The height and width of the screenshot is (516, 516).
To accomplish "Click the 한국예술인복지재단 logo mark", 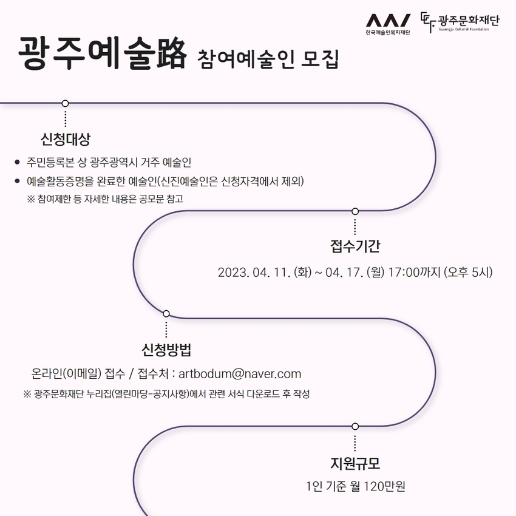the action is pos(388,21).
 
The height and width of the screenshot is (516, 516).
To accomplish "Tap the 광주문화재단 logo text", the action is pos(469,21).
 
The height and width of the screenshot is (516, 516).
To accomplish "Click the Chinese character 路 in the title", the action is pos(171,53).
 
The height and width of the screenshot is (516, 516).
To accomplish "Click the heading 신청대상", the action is pos(65,139).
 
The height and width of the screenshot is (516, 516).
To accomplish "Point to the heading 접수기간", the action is pos(355,246).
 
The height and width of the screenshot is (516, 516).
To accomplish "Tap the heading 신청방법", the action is pos(166,350).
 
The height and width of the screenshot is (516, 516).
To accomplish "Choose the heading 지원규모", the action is pos(355,463).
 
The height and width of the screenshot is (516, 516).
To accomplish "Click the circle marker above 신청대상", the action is pos(65,103).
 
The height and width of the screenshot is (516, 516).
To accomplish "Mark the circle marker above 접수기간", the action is pos(355,211).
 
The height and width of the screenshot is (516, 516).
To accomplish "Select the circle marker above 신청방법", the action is pos(166,314).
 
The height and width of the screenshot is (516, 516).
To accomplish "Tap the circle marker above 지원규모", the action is pos(355,427).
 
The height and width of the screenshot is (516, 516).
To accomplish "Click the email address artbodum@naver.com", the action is pos(240,374).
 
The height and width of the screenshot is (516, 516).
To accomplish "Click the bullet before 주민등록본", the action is pos(18,161).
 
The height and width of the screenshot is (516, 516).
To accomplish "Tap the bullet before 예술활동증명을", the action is pos(18,181).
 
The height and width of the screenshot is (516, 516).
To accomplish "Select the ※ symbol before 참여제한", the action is pos(31,199).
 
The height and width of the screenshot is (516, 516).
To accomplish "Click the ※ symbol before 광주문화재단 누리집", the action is pos(27,394).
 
